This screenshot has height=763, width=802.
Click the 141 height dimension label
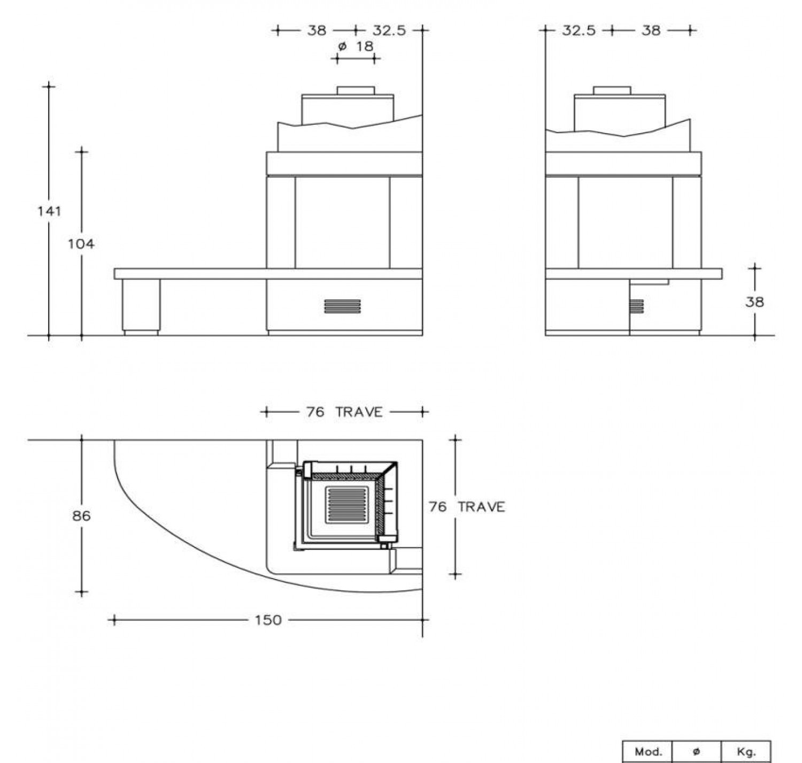pos(49,211)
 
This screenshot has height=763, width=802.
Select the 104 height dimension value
pos(81,244)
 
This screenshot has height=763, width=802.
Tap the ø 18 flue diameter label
pos(356,47)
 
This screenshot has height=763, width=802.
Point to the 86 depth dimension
pos(81,516)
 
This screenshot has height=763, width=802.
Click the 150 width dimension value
pos(268,620)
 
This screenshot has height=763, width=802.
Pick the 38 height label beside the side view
pos(754,302)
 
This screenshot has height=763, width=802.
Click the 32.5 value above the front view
pos(389,30)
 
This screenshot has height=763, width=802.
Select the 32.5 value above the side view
pos(579,30)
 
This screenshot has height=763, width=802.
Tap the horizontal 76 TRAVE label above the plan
pos(345,412)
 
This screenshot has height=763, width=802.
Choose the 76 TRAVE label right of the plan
pos(467,507)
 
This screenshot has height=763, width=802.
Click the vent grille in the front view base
pos(342,306)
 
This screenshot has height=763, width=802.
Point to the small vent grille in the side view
pos(636,306)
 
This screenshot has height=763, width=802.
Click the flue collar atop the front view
pos(356,90)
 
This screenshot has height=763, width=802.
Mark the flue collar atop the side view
pos(612,90)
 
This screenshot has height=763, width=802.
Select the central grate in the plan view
pos(346,505)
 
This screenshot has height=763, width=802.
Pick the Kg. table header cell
pos(746,752)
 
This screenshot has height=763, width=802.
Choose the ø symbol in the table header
pos(696,751)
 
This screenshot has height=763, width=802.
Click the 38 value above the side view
pos(651,30)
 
